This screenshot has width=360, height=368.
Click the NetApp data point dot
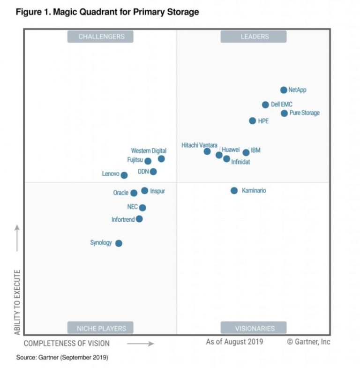click(284, 90)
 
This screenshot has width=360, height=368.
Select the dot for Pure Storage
click(284, 113)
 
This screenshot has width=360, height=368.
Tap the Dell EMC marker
click(265, 105)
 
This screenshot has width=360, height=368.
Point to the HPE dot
click(253, 121)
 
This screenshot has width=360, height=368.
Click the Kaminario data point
click(234, 190)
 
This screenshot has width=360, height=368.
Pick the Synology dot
click(119, 243)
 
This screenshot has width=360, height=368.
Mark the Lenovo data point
click(124, 175)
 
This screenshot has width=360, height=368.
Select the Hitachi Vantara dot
click(207, 151)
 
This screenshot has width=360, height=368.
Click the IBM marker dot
click(246, 152)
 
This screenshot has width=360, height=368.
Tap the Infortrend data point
click(139, 219)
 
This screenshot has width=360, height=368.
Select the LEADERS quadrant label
click(254, 37)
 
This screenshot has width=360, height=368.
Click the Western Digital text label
click(149, 150)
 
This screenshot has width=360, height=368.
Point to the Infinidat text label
click(240, 162)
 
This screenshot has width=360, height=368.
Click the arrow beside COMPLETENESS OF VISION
click(140, 344)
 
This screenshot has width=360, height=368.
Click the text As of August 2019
click(234, 342)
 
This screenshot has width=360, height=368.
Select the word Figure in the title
click(29, 12)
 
